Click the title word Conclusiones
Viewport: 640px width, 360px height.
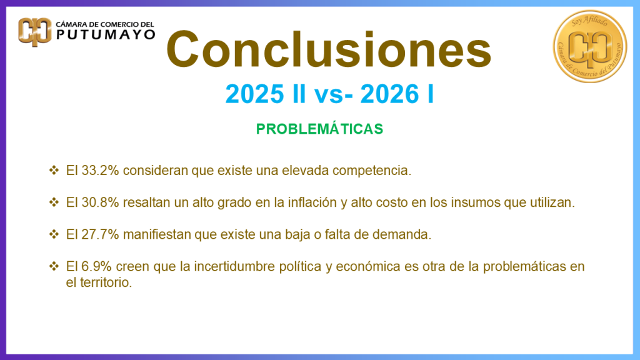click(x=329, y=50)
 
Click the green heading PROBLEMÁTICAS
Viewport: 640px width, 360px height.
click(x=319, y=129)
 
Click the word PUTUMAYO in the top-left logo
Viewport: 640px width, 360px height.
click(x=106, y=35)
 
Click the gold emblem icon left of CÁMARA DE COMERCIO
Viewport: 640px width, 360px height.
click(x=35, y=31)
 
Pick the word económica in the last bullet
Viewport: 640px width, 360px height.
click(x=366, y=267)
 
